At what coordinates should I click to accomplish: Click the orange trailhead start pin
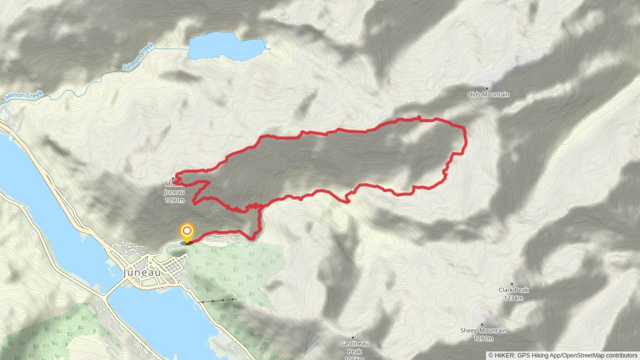coord(187,231)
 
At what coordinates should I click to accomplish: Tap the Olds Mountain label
coord(488,95)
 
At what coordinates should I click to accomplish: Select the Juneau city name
coord(142,273)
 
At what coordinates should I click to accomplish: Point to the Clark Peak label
coord(513,290)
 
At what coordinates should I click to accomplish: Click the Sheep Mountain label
coord(483,330)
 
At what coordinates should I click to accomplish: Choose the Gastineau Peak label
coord(354,347)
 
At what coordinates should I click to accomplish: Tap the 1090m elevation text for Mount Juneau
coord(174,200)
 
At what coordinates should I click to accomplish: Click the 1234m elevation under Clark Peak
coord(513,298)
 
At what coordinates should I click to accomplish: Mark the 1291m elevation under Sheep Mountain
coord(483,339)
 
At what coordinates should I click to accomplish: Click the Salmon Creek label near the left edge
coord(23,95)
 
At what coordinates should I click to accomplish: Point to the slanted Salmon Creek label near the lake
coord(138,56)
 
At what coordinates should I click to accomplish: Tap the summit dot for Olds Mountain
coord(487,88)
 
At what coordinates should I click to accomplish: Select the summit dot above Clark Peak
coord(512,284)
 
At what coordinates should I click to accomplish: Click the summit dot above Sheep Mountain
coord(482,324)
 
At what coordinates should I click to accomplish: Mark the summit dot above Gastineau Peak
coord(353,337)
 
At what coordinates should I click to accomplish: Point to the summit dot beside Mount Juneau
coord(173,178)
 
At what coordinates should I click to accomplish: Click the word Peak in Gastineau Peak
coord(354,351)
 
